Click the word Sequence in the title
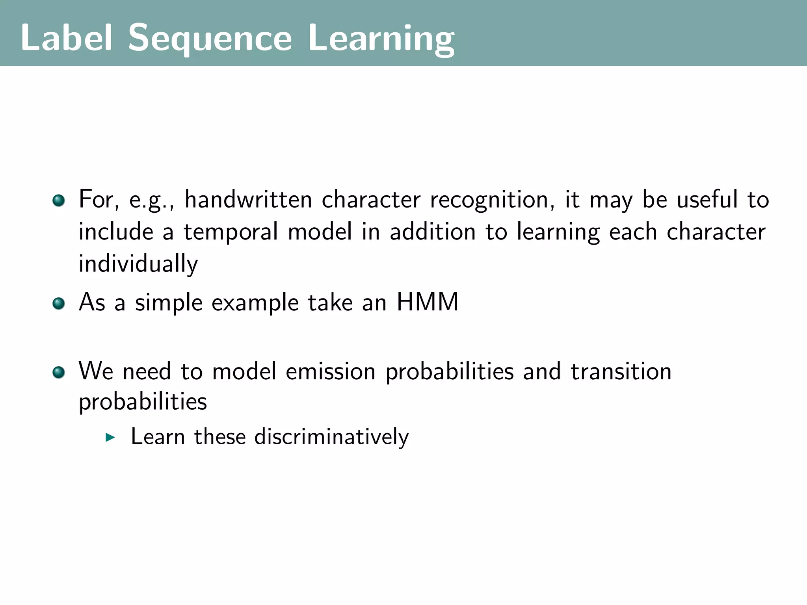pos(210,39)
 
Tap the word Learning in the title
pos(381,39)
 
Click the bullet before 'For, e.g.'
pos(58,200)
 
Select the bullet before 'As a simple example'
pos(58,304)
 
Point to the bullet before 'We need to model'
pos(58,372)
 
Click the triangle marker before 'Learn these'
pos(110,437)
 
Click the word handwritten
pos(248,199)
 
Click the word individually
pos(138,264)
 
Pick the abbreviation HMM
pos(427,302)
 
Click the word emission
pos(331,371)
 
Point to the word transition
pos(621,371)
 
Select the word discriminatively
pos(331,437)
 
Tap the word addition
pos(433,232)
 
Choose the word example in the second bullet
pos(255,303)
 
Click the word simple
pos(169,303)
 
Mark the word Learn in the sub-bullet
pos(158,437)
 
